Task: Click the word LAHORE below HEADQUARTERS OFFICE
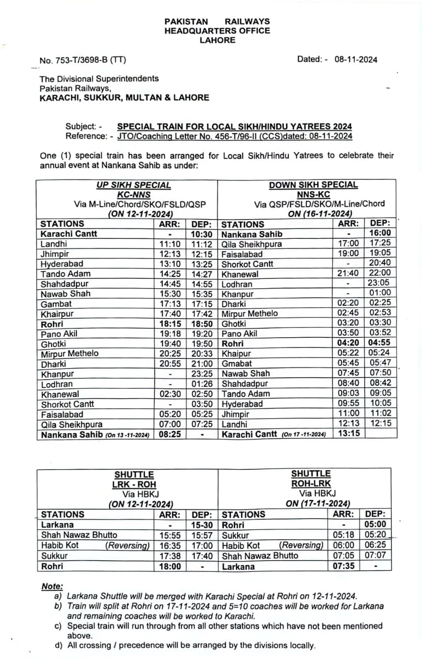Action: pos(217,40)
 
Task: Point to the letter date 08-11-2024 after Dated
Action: pos(355,59)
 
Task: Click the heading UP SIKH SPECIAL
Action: pos(133,185)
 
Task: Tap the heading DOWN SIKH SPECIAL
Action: pos(313,185)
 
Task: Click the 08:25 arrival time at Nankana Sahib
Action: pos(170,435)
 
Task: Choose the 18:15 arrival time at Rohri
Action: pos(170,324)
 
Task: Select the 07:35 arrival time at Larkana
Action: pos(343,566)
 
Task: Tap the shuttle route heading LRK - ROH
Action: pos(135,484)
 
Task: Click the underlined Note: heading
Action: pos(52,586)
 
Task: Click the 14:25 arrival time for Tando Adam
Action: pos(170,274)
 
